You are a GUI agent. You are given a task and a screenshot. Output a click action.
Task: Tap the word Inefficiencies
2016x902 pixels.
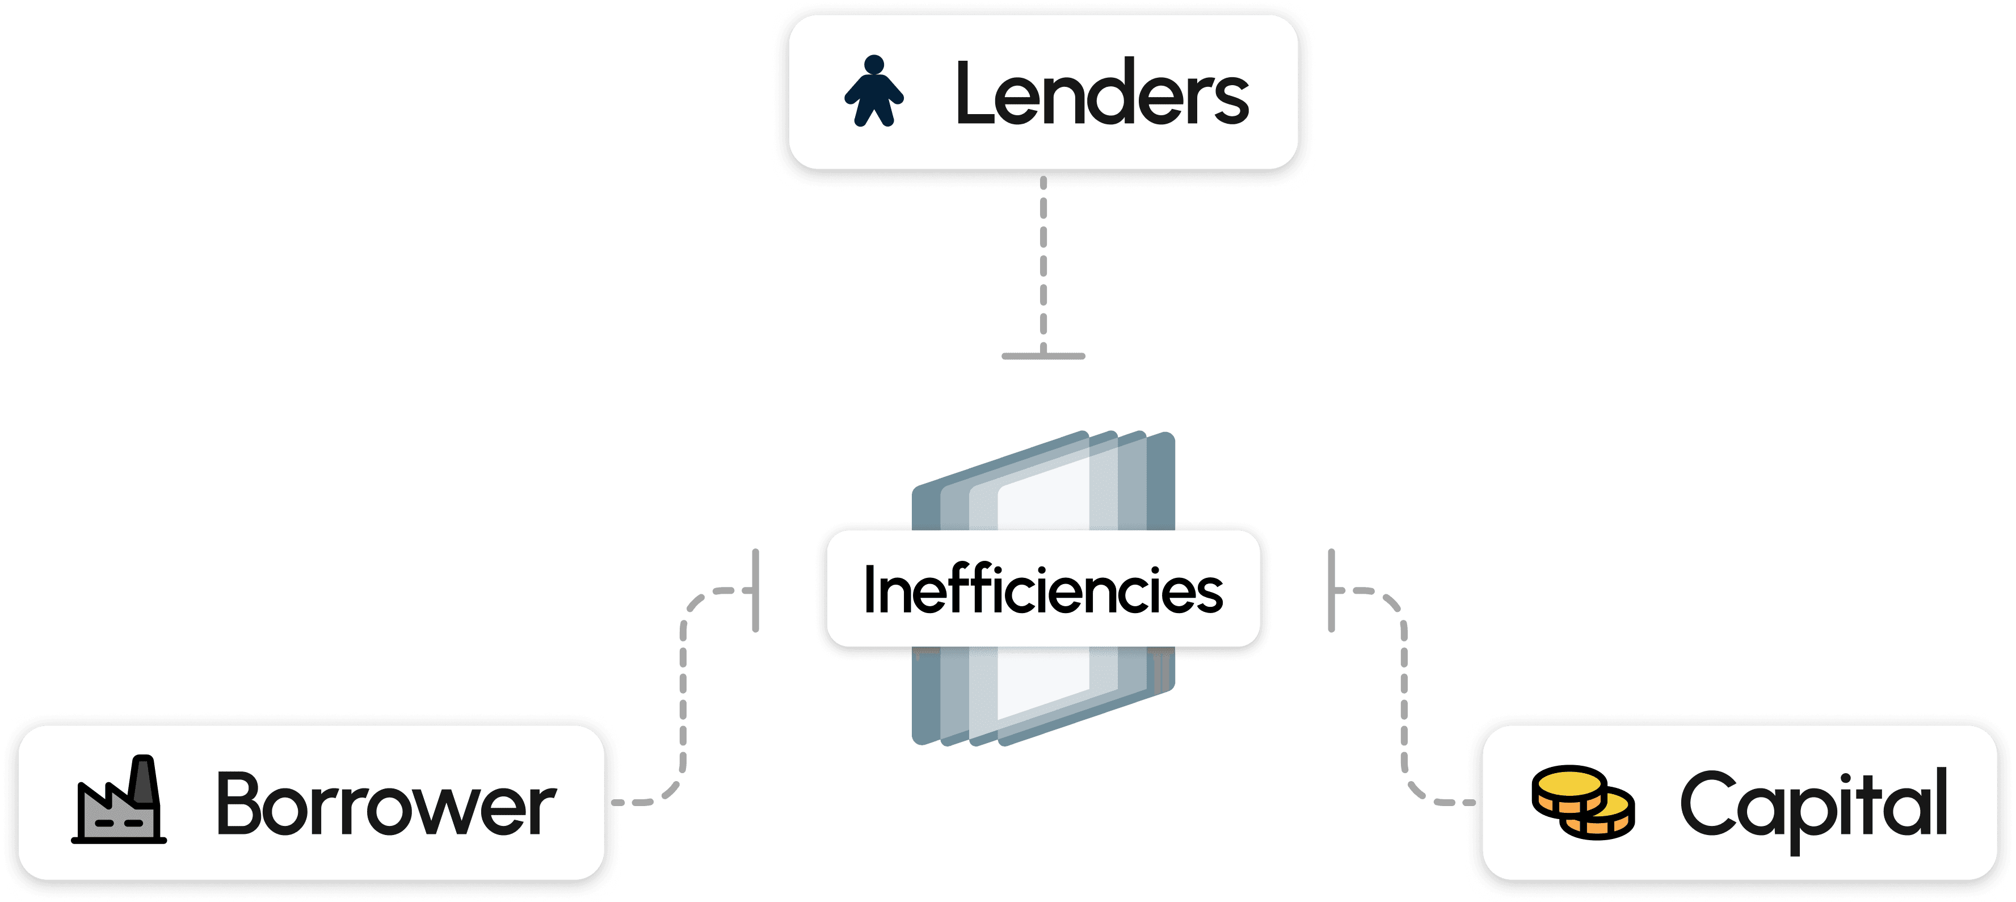[1042, 590]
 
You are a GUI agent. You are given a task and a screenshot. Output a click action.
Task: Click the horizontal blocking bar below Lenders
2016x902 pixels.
[1043, 356]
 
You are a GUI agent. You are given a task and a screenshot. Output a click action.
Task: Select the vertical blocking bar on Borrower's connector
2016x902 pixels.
[755, 590]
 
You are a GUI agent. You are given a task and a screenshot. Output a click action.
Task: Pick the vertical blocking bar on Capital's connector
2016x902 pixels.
[1331, 590]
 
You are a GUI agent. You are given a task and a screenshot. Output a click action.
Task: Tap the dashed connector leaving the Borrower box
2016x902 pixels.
[683, 704]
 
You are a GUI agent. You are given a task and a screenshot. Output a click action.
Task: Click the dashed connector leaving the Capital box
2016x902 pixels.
[1404, 704]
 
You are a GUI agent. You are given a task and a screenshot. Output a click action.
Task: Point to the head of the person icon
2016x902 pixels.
[874, 64]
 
